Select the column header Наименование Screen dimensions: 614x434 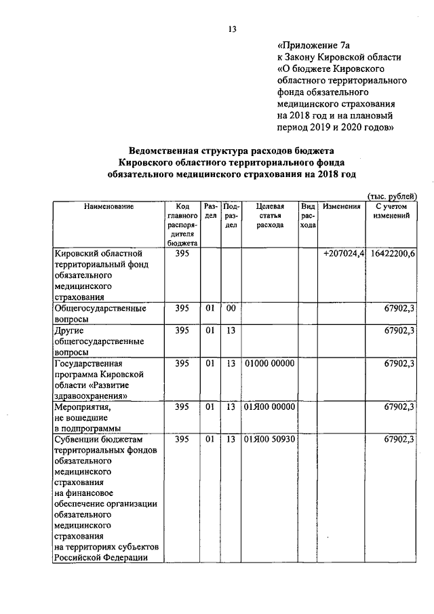[x=108, y=206]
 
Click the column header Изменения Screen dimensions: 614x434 [x=341, y=206]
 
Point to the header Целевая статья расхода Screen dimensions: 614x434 [x=270, y=216]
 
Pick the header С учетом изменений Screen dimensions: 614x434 [x=391, y=210]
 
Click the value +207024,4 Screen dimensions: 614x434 [x=344, y=253]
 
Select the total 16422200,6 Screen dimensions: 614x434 [x=393, y=253]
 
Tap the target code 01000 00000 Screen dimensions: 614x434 [x=270, y=364]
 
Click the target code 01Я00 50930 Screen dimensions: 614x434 [x=270, y=440]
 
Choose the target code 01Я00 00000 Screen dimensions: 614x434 [x=270, y=406]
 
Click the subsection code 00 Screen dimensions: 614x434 [x=231, y=308]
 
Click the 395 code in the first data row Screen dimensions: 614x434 [x=182, y=253]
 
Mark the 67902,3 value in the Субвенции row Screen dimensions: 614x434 [x=399, y=440]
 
